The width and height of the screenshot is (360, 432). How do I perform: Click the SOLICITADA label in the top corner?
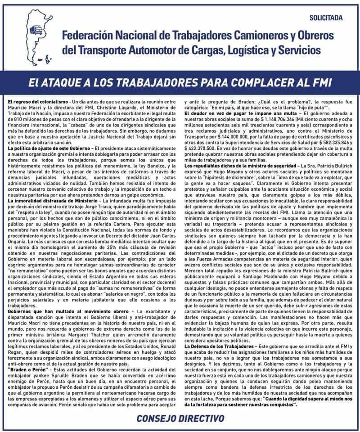pos(326,18)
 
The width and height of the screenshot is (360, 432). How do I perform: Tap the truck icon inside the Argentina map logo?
pos(38,30)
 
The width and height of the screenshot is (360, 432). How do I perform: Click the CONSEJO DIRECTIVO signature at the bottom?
pos(180,418)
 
